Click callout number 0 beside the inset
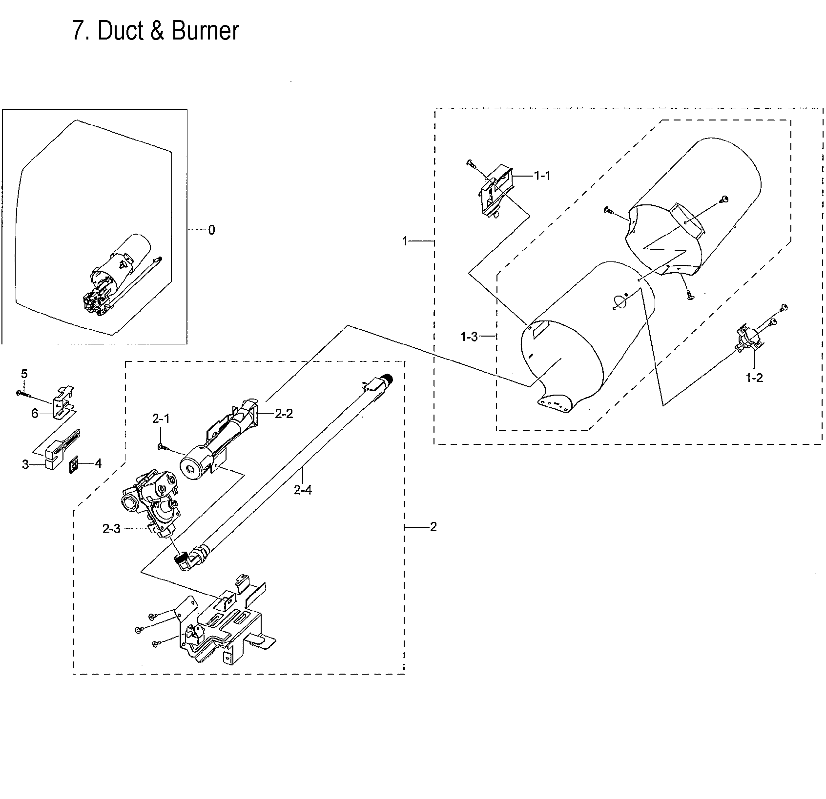211,230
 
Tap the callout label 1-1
542,176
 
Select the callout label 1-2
754,378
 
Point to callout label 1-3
469,337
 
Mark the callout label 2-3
111,529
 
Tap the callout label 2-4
303,490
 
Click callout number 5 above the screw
24,374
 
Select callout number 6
35,414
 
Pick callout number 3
25,465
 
